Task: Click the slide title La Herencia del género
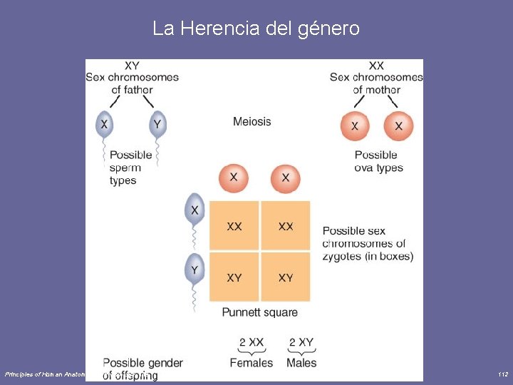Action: tap(256, 29)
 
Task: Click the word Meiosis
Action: tap(252, 121)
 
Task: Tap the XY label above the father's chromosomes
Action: tap(132, 66)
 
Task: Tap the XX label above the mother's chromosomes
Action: tap(376, 66)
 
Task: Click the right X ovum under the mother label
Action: tap(398, 126)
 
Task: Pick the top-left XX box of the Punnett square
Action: tap(234, 226)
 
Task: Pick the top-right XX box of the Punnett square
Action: tap(286, 226)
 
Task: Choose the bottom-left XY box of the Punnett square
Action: tap(234, 277)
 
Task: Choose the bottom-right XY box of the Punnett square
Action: tap(286, 277)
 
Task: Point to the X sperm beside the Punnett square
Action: tap(195, 210)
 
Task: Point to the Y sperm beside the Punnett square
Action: tap(195, 269)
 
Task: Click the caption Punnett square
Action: tap(259, 312)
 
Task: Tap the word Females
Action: tap(251, 363)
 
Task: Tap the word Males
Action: tap(301, 363)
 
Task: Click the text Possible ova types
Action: tap(378, 161)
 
